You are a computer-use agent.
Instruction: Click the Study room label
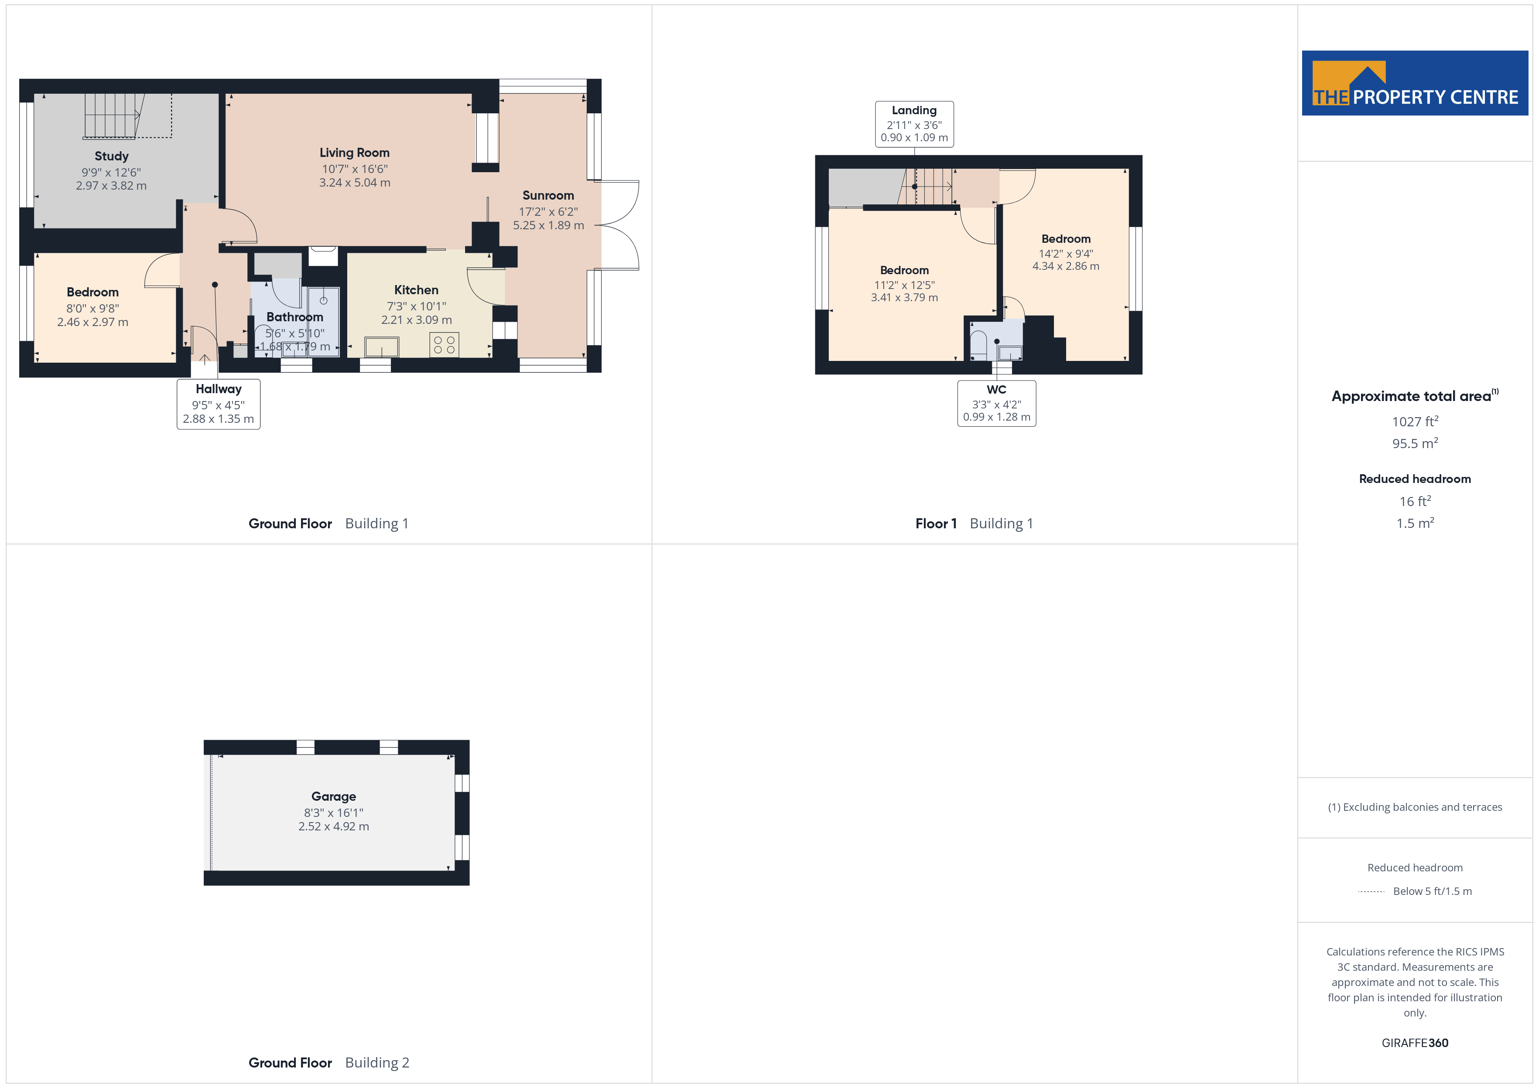[111, 156]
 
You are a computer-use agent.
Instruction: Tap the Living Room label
[355, 153]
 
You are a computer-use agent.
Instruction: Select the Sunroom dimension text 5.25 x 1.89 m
[548, 225]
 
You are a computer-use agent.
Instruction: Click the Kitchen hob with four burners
[444, 344]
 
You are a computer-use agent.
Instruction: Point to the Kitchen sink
[381, 347]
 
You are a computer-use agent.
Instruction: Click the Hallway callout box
[219, 404]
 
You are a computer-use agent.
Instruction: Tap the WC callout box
[997, 403]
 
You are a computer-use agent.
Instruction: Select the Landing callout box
[914, 124]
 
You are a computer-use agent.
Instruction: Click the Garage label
[334, 796]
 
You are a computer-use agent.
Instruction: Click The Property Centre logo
[1415, 83]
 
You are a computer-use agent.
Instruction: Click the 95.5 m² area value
[1415, 443]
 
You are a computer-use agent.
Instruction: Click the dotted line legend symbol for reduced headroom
[1371, 892]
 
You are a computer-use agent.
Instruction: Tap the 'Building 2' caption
[377, 1063]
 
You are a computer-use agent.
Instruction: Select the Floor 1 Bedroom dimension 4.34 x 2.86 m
[1066, 266]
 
